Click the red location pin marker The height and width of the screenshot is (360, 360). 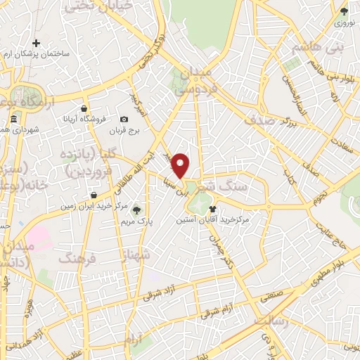pos(181,165)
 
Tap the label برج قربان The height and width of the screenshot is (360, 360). pos(124,130)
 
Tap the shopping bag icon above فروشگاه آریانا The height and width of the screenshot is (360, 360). pos(84,108)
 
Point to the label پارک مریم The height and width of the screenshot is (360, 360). pos(136,220)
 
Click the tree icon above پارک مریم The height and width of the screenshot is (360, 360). pos(136,209)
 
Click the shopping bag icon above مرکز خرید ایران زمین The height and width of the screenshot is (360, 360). pos(93,195)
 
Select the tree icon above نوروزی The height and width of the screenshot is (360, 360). pos(343,11)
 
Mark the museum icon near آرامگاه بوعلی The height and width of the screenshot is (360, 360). pos(14,120)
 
